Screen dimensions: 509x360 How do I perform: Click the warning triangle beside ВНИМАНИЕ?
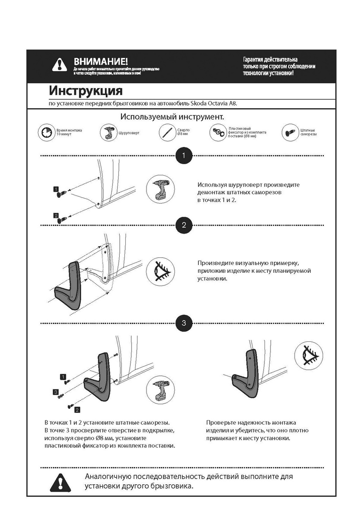pyautogui.click(x=60, y=64)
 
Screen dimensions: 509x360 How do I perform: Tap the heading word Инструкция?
pyautogui.click(x=86, y=91)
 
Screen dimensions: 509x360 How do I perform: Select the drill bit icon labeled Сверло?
pyautogui.click(x=166, y=132)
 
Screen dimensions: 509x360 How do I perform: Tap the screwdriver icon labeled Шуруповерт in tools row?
pyautogui.click(x=107, y=133)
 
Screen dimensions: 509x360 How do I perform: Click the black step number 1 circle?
pyautogui.click(x=183, y=156)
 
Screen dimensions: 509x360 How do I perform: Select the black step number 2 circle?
pyautogui.click(x=183, y=225)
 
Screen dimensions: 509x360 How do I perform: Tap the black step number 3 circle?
pyautogui.click(x=183, y=323)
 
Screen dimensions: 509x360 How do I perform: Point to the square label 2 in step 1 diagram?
pyautogui.click(x=56, y=215)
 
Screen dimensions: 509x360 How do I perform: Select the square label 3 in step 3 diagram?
pyautogui.click(x=56, y=392)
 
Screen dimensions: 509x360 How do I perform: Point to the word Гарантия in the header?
pyautogui.click(x=253, y=59)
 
